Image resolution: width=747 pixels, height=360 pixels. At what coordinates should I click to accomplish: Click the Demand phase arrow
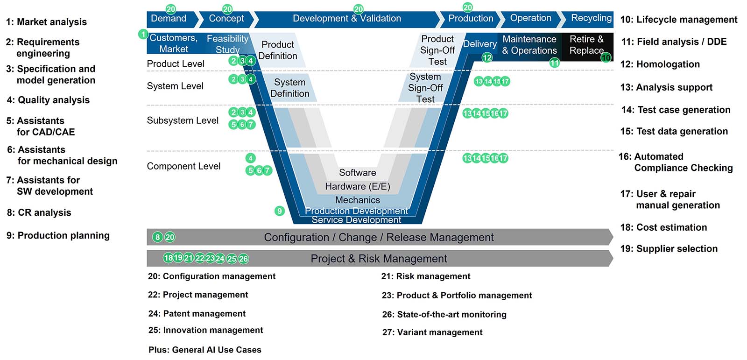(169, 19)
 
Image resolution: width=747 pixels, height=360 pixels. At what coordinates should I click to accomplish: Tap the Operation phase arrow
(530, 18)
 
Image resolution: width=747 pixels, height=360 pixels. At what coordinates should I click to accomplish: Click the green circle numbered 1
(143, 34)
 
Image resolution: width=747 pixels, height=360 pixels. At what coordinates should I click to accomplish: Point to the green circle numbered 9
(279, 211)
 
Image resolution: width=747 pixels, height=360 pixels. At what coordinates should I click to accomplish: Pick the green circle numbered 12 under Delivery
(487, 57)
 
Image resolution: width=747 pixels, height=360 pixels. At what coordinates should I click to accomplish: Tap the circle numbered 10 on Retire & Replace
(606, 57)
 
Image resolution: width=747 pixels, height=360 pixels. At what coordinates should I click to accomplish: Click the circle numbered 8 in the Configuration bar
(158, 237)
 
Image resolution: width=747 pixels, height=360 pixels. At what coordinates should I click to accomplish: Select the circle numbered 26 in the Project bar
(243, 258)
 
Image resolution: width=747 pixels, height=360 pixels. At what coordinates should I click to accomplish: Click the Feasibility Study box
(228, 44)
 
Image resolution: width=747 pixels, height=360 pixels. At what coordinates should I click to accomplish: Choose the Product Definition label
(277, 50)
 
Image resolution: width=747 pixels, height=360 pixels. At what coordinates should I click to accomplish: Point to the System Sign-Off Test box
(425, 88)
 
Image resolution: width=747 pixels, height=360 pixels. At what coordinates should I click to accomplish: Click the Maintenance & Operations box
(529, 45)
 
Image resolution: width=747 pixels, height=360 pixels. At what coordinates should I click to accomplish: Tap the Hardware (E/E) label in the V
(357, 186)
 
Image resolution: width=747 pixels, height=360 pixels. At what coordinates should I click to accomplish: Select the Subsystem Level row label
(183, 120)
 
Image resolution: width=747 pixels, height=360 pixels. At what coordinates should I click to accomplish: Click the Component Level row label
(183, 166)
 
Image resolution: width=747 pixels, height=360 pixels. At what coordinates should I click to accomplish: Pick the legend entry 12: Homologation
(660, 64)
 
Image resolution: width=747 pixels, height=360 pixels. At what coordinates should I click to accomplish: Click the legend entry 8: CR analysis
(39, 212)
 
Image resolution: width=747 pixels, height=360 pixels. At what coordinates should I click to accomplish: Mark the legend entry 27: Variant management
(432, 332)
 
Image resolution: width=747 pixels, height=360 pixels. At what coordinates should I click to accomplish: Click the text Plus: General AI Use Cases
(205, 350)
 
